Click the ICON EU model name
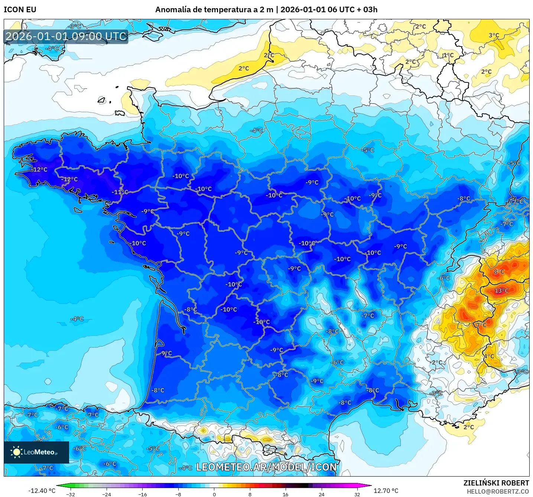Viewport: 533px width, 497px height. [20, 10]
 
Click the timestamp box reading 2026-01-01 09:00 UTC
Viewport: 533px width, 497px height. [66, 36]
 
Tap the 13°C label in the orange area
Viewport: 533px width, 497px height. [501, 291]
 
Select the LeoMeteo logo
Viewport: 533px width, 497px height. [36, 452]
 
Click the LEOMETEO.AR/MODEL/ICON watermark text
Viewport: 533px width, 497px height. [266, 467]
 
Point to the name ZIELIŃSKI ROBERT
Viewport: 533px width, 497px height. [496, 483]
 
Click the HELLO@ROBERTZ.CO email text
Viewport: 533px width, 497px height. [498, 491]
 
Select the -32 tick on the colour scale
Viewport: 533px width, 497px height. [71, 494]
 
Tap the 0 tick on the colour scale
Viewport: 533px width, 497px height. [214, 494]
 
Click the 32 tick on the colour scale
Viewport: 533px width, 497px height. [357, 494]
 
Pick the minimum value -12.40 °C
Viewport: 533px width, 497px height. [42, 491]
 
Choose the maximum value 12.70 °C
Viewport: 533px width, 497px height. [386, 491]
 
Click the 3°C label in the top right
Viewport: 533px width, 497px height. [494, 36]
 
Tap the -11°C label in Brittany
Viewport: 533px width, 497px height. [120, 192]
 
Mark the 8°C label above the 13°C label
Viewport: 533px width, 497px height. [499, 272]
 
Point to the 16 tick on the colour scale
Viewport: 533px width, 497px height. [285, 494]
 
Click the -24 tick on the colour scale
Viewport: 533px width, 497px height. [107, 494]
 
